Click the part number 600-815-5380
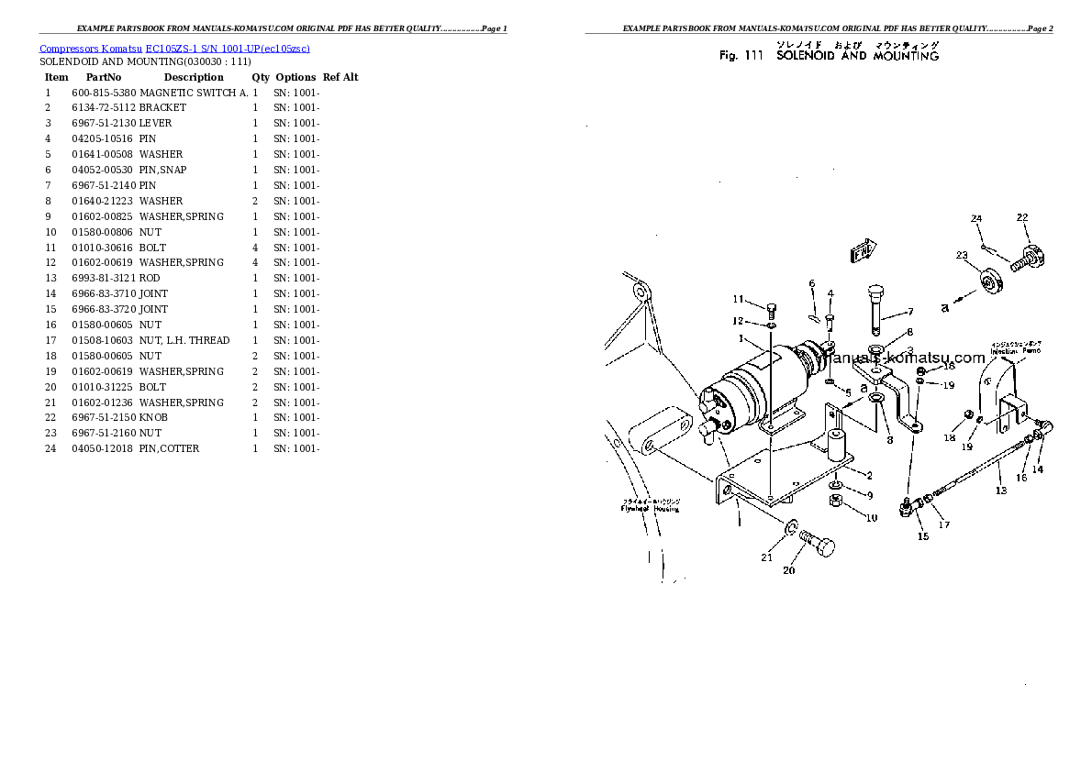point(103,93)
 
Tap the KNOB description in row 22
point(153,417)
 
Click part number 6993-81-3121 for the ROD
point(103,278)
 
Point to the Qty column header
point(261,77)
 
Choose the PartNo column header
point(104,77)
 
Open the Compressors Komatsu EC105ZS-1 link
point(180,48)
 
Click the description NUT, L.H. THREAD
point(184,340)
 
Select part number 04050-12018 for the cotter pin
point(103,448)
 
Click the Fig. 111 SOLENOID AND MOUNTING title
point(829,56)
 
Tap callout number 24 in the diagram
point(976,218)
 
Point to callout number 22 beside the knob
point(1022,217)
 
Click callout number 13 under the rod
point(1000,491)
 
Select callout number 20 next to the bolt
point(788,571)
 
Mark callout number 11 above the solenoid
point(738,299)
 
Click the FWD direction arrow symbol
point(863,249)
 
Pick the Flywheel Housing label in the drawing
point(649,505)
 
